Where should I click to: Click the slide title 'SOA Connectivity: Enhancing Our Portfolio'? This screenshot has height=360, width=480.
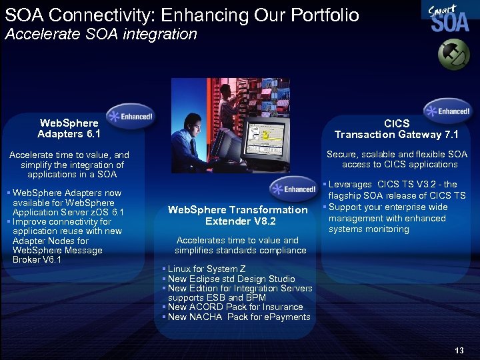(182, 15)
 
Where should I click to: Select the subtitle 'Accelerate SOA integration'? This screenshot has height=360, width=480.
(101, 35)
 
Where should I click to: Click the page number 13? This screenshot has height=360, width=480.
(458, 351)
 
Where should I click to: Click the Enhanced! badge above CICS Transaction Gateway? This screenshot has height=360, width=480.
(448, 111)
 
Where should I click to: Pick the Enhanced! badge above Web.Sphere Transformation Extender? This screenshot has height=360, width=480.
(294, 189)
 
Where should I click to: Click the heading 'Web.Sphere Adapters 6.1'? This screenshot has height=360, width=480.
(69, 129)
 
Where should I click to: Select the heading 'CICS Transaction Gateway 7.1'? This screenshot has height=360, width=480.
(397, 129)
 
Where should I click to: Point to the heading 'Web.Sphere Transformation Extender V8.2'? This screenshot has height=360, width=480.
(238, 215)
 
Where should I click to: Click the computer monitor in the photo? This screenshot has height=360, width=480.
(267, 140)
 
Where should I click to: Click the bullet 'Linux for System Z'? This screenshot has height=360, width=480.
(200, 269)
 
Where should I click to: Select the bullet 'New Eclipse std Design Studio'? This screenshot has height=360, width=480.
(231, 279)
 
